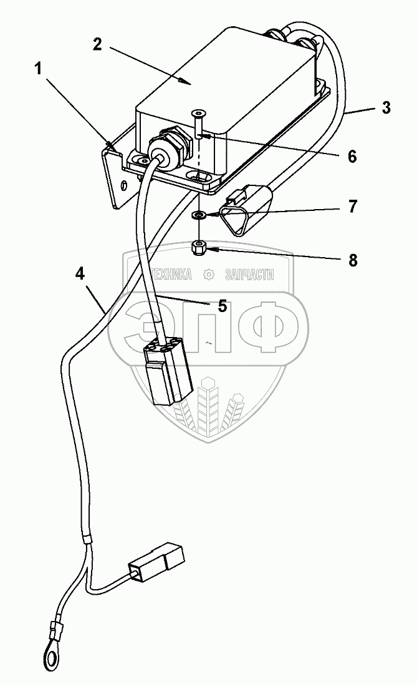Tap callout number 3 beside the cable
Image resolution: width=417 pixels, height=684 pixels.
386,107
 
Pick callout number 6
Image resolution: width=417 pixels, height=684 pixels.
352,157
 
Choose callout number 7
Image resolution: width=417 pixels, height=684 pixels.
352,206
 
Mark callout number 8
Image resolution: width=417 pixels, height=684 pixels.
352,260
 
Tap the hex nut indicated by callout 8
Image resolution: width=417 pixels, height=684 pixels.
199,248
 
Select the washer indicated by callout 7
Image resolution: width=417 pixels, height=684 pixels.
199,215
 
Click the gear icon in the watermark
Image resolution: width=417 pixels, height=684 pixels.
209,273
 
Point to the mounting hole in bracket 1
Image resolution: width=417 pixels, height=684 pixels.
124,184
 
